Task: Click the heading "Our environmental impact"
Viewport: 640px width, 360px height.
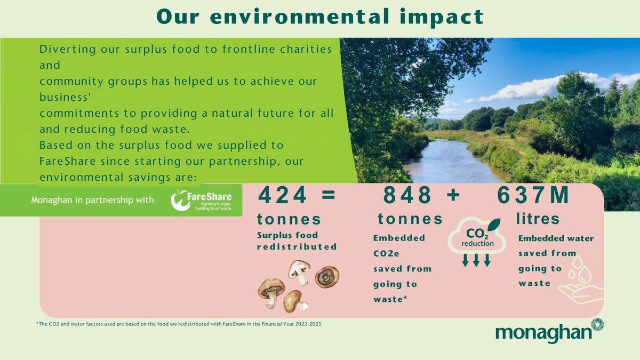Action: tap(320, 17)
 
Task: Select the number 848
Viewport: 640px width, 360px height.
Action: tap(408, 196)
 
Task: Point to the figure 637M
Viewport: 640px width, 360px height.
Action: tap(533, 196)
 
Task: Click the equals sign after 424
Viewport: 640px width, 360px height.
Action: tap(329, 196)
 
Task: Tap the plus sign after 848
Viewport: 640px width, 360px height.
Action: tap(453, 196)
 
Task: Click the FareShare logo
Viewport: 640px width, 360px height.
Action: tap(205, 201)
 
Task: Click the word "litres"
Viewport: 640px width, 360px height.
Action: tap(538, 219)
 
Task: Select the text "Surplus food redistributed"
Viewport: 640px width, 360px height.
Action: tap(297, 241)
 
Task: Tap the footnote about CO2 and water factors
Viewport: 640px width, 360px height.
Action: tap(179, 324)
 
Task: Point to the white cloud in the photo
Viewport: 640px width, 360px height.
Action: tap(533, 88)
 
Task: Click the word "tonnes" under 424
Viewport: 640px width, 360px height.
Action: tap(289, 219)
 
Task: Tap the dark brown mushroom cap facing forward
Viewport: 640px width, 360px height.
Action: tap(326, 276)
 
